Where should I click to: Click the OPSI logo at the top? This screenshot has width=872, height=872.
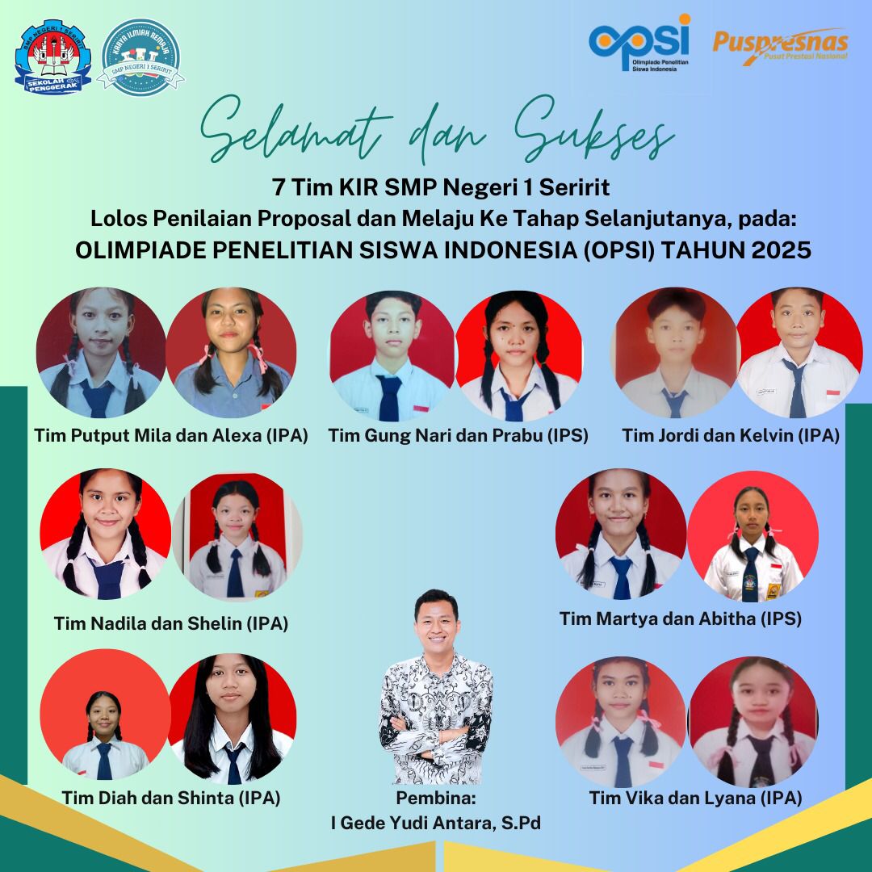click(639, 43)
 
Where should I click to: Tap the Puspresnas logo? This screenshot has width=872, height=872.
click(780, 45)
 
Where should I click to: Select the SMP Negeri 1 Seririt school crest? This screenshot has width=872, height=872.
click(52, 57)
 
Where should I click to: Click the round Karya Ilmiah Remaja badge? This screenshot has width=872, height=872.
click(140, 57)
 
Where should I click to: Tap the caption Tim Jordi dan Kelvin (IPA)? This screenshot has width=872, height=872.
click(730, 435)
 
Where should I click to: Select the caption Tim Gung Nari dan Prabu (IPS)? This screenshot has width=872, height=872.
click(458, 435)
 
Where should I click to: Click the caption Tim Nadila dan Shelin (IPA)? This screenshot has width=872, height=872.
click(170, 623)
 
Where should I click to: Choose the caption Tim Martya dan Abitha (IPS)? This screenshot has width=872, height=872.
click(680, 618)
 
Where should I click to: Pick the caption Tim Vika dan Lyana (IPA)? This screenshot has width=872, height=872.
click(695, 798)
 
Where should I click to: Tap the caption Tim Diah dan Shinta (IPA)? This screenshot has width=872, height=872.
click(170, 798)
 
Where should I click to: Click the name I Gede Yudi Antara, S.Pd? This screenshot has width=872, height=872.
click(435, 823)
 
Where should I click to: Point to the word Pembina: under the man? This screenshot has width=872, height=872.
click(435, 798)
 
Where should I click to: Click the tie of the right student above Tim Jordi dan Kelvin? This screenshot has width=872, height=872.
click(796, 388)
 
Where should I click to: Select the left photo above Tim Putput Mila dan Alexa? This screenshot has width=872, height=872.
click(101, 353)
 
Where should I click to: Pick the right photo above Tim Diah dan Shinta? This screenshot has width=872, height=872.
click(233, 719)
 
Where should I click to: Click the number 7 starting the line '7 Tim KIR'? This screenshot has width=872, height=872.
click(278, 187)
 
